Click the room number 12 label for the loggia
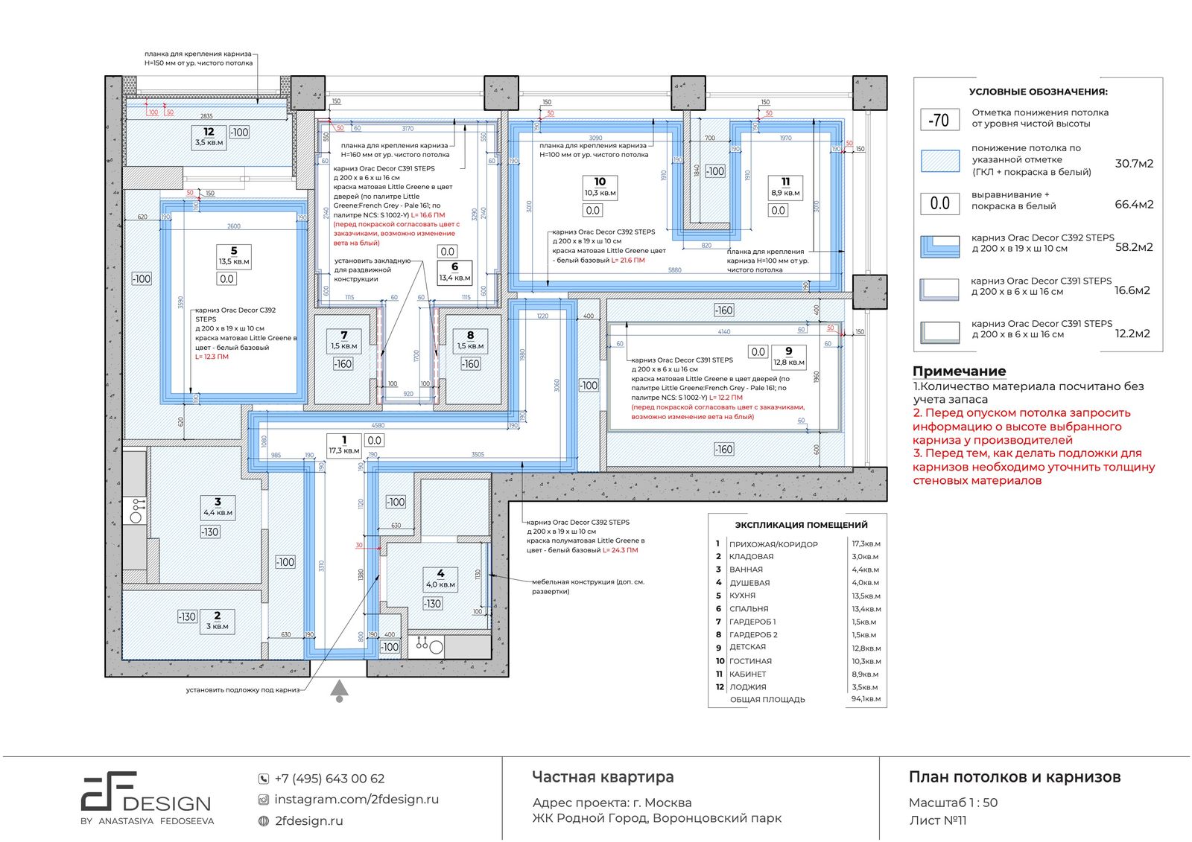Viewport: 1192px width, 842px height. tap(209, 132)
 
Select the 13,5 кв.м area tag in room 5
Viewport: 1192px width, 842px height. tap(234, 261)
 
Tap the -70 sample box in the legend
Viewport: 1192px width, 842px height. tap(939, 119)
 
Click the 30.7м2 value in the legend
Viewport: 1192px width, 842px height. tap(1134, 164)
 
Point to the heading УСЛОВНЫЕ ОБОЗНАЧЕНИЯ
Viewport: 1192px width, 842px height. tap(1037, 92)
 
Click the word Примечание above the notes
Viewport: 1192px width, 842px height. tap(959, 371)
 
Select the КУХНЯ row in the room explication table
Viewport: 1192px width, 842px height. tap(742, 596)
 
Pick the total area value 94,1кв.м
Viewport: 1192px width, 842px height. tap(866, 699)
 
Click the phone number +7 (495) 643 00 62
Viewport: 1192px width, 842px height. tap(329, 779)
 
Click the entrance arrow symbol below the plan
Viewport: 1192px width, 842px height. tap(340, 690)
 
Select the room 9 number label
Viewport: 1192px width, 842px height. tap(788, 351)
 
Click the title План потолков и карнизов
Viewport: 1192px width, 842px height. tap(1014, 777)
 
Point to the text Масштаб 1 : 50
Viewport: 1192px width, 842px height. tap(953, 803)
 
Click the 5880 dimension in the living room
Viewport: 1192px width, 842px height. tap(674, 270)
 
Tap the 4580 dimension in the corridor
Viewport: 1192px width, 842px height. tap(378, 426)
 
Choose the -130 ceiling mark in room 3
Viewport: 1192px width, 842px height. tap(210, 532)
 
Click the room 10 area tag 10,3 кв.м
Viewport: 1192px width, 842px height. tap(600, 193)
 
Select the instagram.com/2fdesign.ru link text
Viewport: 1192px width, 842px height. tap(356, 800)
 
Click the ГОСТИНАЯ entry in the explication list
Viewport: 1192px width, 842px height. tap(750, 661)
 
